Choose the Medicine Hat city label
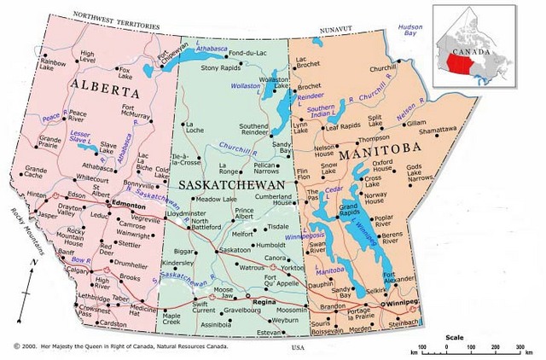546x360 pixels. pos(144,311)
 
